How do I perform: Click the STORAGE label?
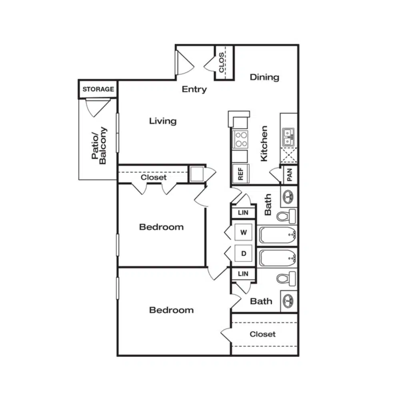98,89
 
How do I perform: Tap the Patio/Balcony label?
99,146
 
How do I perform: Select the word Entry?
194,90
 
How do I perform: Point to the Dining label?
264,77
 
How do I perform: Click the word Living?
163,121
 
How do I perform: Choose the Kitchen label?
264,144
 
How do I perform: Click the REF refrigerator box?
240,174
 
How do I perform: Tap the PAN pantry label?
289,175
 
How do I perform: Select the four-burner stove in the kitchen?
240,139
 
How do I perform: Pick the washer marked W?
243,232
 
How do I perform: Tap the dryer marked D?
243,253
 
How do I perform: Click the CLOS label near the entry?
222,62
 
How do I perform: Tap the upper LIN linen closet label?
243,212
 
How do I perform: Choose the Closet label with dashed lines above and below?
262,334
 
